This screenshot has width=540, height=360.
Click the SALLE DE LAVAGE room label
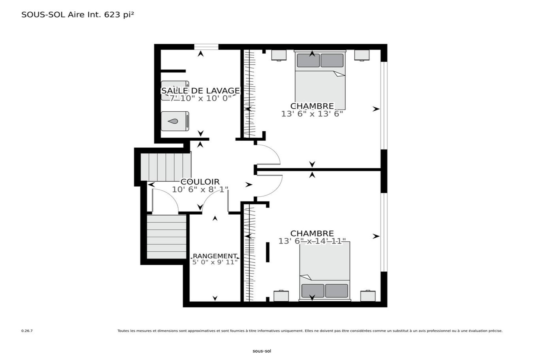pyautogui.click(x=201, y=91)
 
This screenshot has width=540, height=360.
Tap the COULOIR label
pyautogui.click(x=200, y=182)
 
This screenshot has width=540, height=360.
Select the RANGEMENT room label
pyautogui.click(x=215, y=256)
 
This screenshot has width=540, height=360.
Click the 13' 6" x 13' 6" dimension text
pyautogui.click(x=312, y=114)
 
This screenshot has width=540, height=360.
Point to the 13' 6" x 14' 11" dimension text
pyautogui.click(x=312, y=241)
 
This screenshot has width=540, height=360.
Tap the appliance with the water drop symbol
pyautogui.click(x=175, y=121)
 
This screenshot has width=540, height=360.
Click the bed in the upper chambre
pyautogui.click(x=320, y=80)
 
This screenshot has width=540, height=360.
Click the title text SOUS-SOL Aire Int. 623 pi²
pyautogui.click(x=78, y=15)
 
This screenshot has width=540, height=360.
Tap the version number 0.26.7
pyautogui.click(x=27, y=331)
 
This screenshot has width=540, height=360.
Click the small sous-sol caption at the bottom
pyautogui.click(x=262, y=351)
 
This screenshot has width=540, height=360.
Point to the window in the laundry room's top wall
pyautogui.click(x=206, y=47)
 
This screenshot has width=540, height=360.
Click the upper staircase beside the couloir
pyautogui.click(x=166, y=167)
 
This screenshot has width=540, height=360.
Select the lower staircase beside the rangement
pyautogui.click(x=167, y=237)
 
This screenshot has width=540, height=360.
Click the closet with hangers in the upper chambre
pyautogui.click(x=249, y=93)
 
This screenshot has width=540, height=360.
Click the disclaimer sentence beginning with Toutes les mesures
pyautogui.click(x=310, y=331)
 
